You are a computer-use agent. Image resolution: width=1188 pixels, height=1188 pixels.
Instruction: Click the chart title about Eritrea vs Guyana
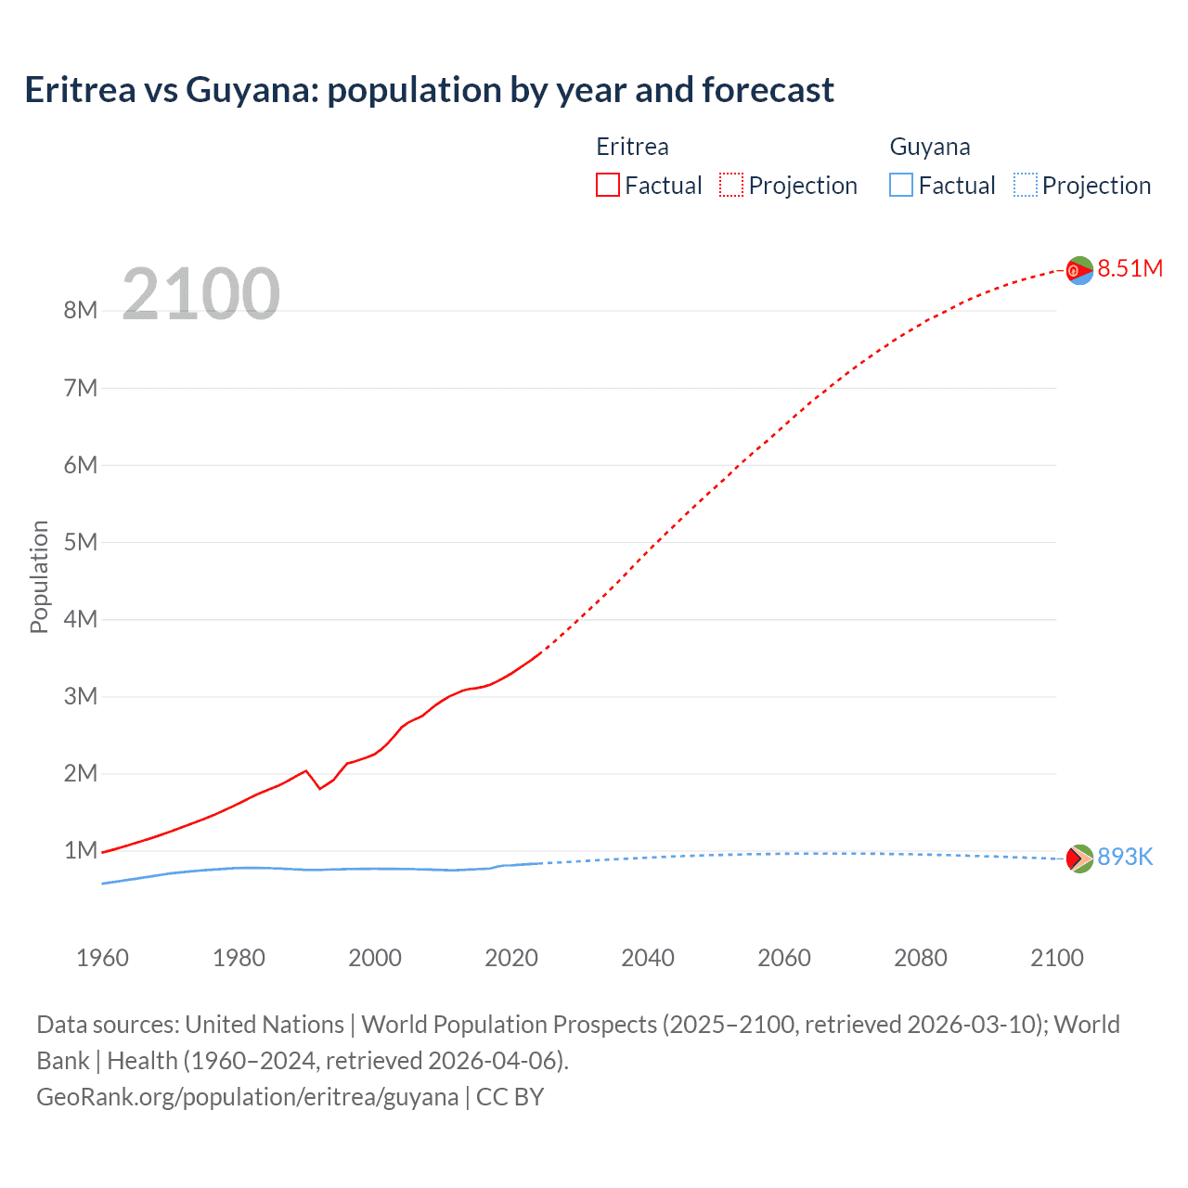click(x=429, y=90)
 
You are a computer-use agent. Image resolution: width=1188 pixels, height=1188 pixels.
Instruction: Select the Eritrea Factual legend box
click(x=607, y=185)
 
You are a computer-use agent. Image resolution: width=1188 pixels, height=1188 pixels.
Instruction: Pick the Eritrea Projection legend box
click(x=731, y=185)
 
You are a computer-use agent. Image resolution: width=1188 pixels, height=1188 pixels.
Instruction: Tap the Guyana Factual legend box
click(x=900, y=185)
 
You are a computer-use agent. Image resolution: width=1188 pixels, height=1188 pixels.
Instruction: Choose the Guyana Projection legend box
click(x=1025, y=185)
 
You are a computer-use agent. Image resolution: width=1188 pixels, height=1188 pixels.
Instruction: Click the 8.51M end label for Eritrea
click(x=1130, y=268)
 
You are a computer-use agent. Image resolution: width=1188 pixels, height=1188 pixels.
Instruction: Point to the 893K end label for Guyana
click(x=1125, y=857)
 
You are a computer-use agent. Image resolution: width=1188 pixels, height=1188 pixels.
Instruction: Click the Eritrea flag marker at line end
click(x=1079, y=270)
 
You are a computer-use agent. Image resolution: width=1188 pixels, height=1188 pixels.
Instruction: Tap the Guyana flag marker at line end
click(x=1079, y=859)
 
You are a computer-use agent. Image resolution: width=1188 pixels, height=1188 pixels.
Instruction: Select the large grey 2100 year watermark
click(x=200, y=293)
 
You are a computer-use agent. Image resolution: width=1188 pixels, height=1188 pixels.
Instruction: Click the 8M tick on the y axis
click(x=81, y=310)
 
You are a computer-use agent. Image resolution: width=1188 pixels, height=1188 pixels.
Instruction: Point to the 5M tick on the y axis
click(x=81, y=542)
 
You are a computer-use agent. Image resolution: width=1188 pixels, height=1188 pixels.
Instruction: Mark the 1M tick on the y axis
click(x=81, y=850)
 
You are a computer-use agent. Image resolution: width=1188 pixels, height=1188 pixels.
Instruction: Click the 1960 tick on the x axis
click(x=102, y=958)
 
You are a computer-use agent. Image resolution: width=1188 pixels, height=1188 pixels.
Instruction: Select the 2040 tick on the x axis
click(x=648, y=958)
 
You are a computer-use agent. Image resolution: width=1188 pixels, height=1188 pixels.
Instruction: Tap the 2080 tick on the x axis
click(x=921, y=958)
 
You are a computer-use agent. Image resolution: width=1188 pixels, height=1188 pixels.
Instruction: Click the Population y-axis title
click(x=39, y=576)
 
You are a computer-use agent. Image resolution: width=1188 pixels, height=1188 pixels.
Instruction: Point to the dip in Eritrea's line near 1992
click(x=320, y=788)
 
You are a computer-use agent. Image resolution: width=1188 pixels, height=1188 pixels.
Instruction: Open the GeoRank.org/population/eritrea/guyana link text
click(x=247, y=1097)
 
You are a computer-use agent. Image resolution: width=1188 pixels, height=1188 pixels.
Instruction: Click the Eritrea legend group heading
click(x=632, y=147)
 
